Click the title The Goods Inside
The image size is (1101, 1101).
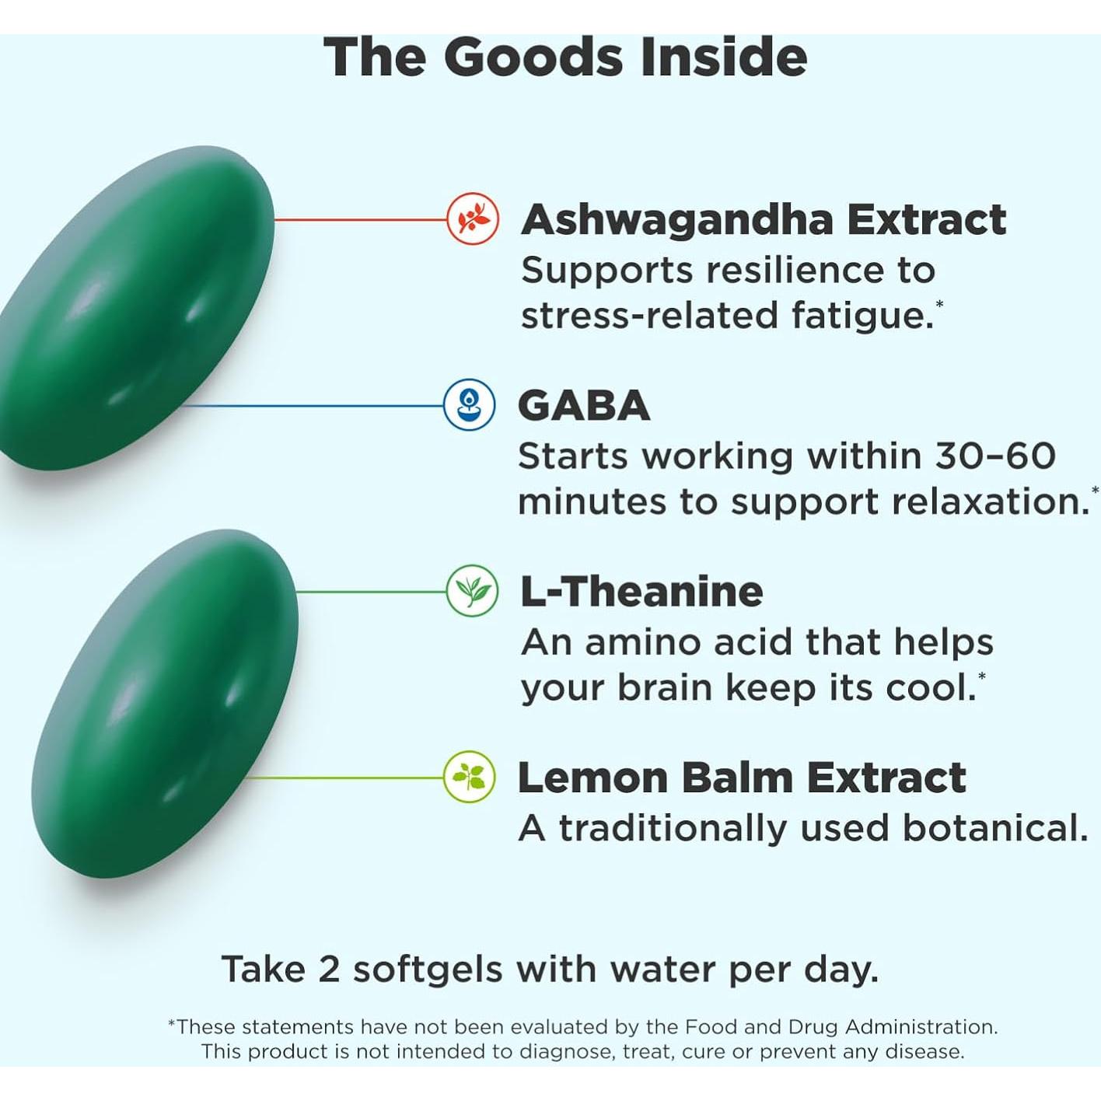565,58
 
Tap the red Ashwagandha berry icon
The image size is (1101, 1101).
473,219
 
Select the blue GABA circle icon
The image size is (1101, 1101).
469,405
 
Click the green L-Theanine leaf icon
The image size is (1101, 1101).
472,591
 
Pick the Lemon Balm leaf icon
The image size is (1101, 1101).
470,777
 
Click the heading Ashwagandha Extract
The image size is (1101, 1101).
764,220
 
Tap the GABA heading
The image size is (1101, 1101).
583,406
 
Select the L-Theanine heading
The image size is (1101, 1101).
641,592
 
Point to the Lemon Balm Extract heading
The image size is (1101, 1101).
741,778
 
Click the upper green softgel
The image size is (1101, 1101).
132,311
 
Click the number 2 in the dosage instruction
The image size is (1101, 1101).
329,970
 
